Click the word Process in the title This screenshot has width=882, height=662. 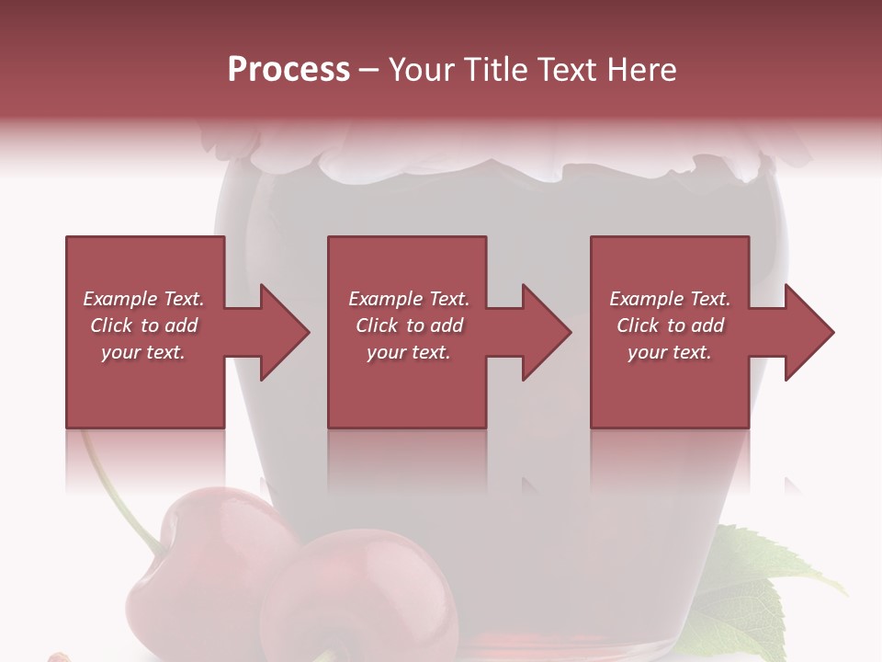[288, 70]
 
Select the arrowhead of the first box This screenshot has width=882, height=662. [280, 332]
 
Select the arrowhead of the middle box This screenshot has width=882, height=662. [543, 332]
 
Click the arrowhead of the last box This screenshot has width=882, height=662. [806, 332]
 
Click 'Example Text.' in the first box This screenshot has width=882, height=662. [143, 299]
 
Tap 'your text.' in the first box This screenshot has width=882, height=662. [143, 352]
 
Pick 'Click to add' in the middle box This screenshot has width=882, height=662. [409, 325]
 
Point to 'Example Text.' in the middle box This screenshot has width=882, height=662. [409, 299]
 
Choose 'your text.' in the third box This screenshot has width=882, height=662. [670, 352]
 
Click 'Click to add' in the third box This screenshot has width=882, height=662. [670, 325]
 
